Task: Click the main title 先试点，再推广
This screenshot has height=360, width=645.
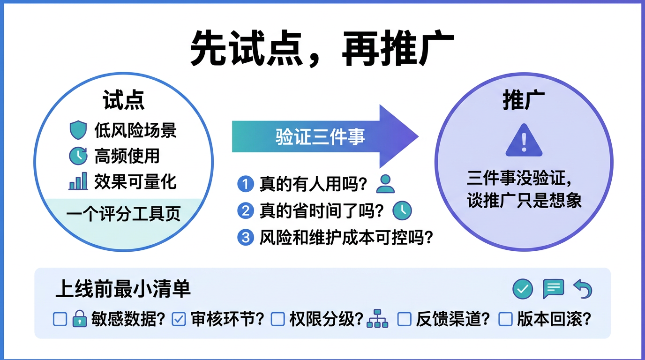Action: pyautogui.click(x=322, y=48)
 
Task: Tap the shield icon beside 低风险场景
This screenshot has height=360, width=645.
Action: pyautogui.click(x=78, y=130)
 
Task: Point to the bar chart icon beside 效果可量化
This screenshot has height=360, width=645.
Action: pyautogui.click(x=78, y=181)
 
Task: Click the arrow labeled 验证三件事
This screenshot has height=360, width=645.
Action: pyautogui.click(x=323, y=137)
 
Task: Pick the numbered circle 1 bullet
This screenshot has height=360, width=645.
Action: pyautogui.click(x=245, y=184)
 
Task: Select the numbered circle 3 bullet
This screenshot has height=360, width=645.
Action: pyautogui.click(x=245, y=238)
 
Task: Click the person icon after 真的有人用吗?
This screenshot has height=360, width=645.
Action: pyautogui.click(x=385, y=184)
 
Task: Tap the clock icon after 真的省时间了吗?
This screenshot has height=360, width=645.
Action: pyautogui.click(x=402, y=210)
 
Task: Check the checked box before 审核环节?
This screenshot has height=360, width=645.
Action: pyautogui.click(x=179, y=319)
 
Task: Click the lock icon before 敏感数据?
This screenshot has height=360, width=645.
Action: pyautogui.click(x=80, y=319)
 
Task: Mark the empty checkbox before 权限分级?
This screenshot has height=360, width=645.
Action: pyautogui.click(x=278, y=319)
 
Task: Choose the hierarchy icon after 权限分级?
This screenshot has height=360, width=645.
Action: pyautogui.click(x=377, y=319)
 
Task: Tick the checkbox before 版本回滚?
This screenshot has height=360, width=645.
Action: pyautogui.click(x=505, y=319)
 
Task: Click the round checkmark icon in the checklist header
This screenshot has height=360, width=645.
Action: pyautogui.click(x=523, y=289)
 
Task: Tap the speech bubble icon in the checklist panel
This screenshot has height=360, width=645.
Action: pyautogui.click(x=553, y=289)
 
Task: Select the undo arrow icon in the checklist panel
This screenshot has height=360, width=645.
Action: pyautogui.click(x=583, y=289)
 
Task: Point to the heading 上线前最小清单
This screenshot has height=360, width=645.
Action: pyautogui.click(x=123, y=289)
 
